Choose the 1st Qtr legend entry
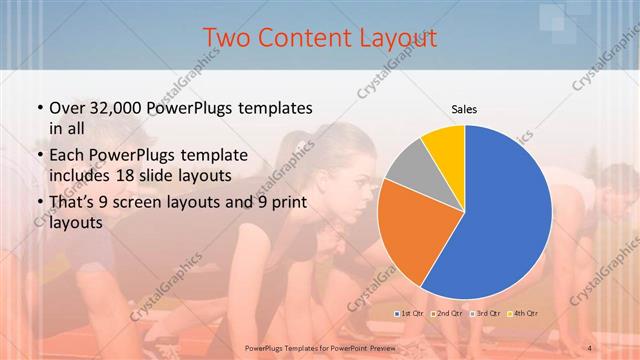(x=412, y=313)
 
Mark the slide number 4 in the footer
(x=590, y=346)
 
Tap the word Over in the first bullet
(x=66, y=107)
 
